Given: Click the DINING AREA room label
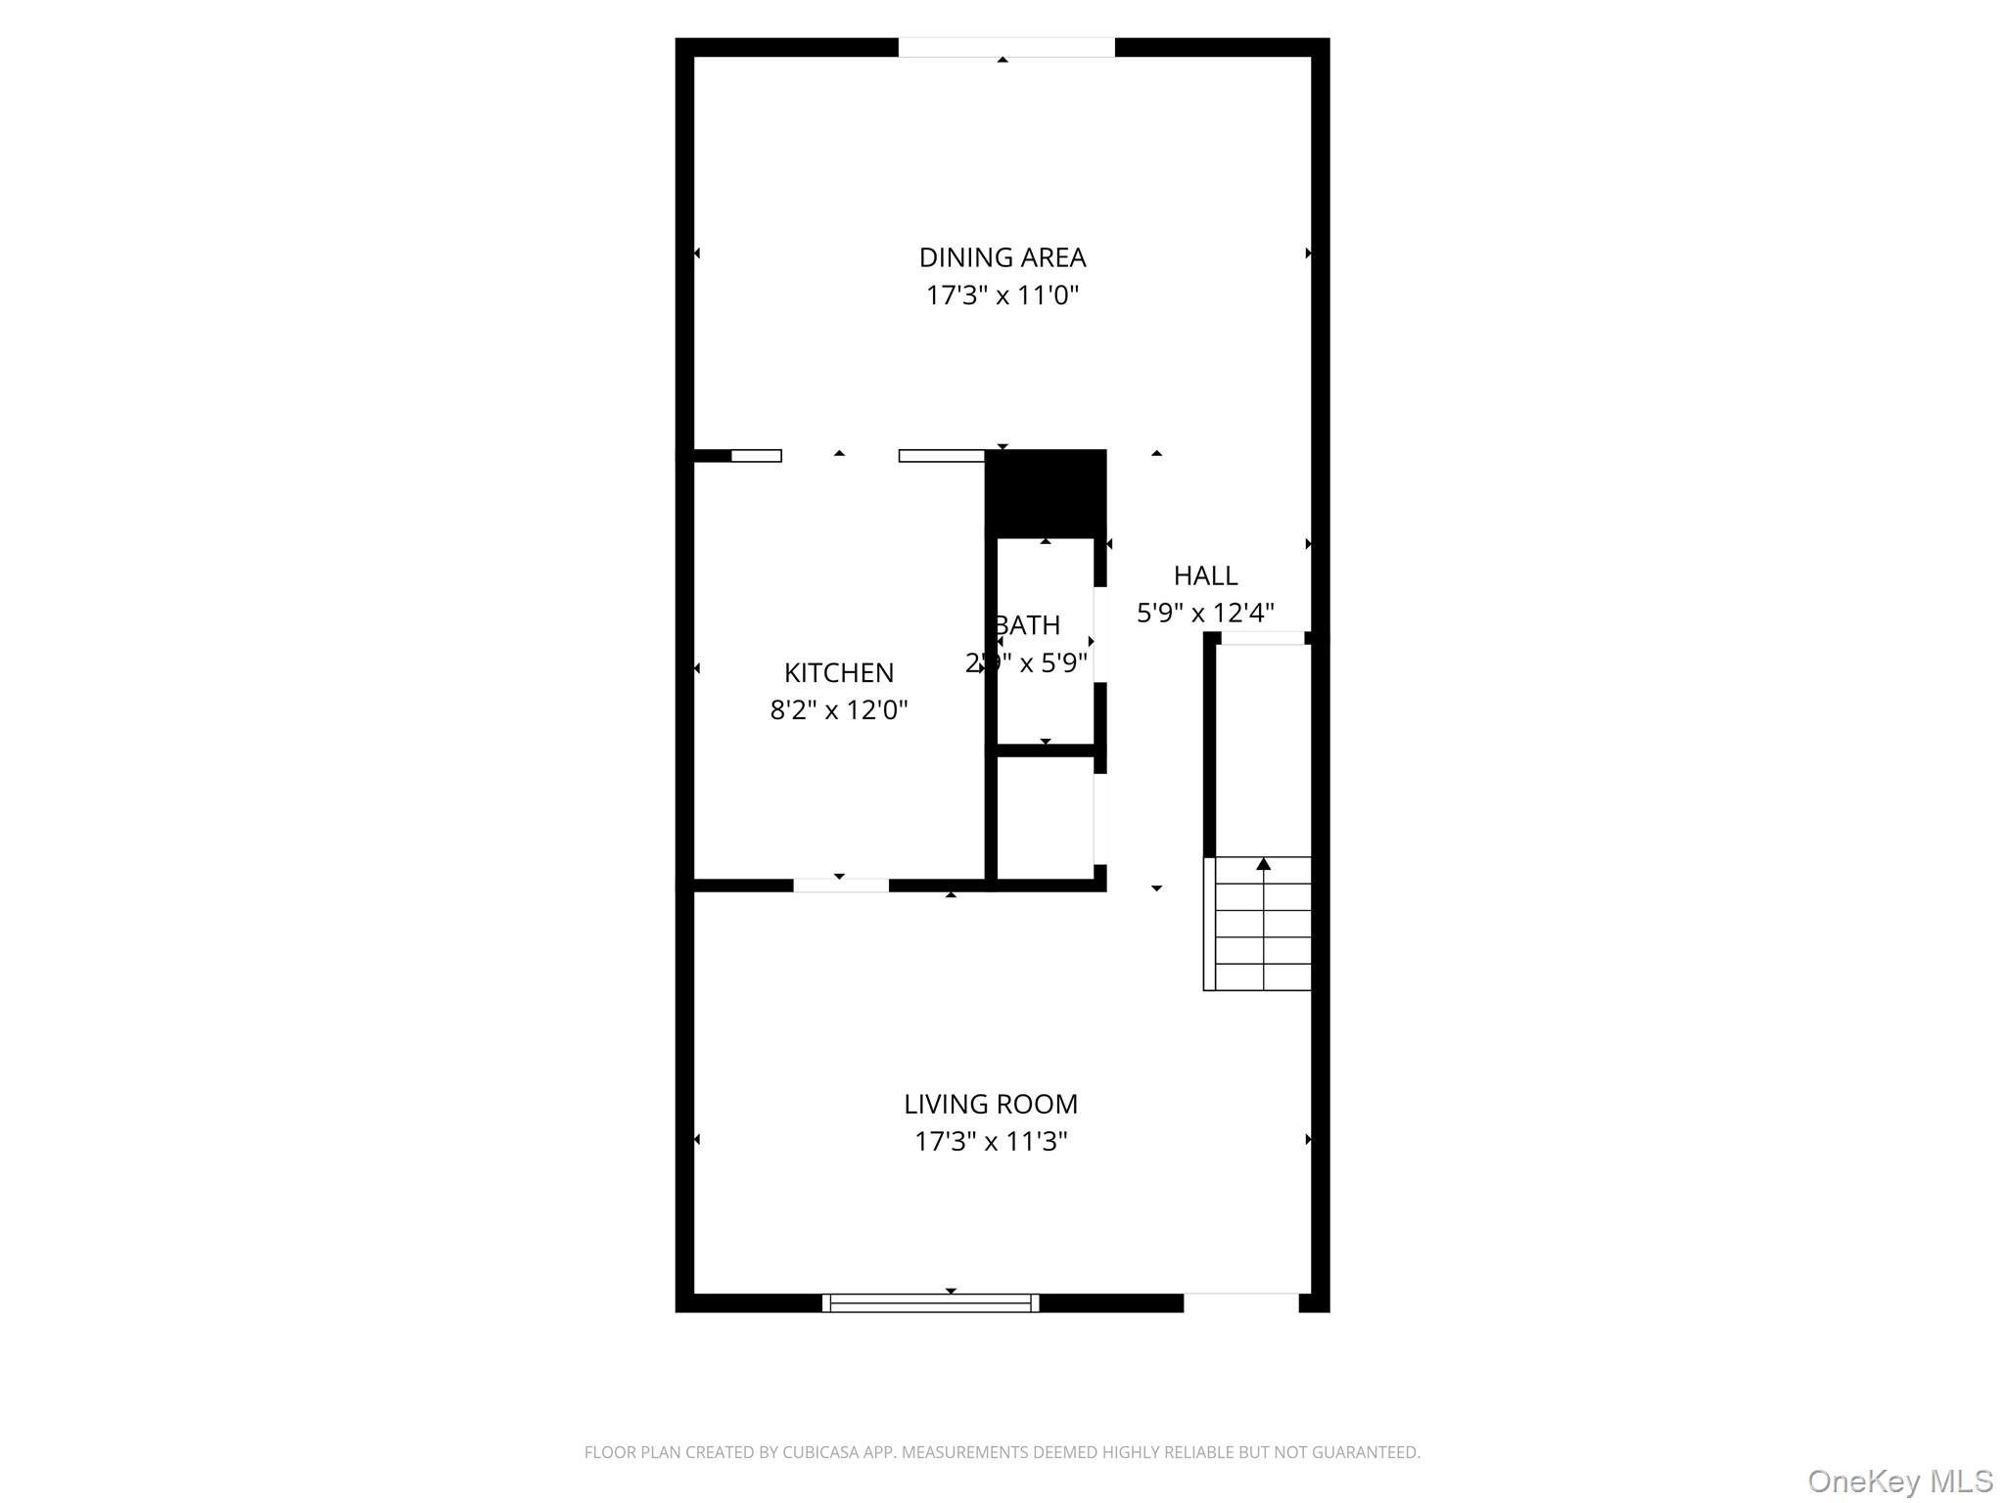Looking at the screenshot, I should click(x=1002, y=257).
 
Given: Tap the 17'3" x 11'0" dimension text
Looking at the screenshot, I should click(x=1002, y=296).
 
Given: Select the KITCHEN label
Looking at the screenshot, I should click(x=838, y=673).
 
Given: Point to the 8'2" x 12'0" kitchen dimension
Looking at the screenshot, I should click(x=838, y=710).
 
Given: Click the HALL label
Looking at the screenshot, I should click(x=1205, y=575).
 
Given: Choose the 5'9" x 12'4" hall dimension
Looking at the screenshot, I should click(x=1205, y=614).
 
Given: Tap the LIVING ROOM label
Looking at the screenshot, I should click(x=990, y=1105).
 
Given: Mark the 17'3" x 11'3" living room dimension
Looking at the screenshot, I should click(x=990, y=1142).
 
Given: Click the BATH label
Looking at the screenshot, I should click(x=1029, y=625).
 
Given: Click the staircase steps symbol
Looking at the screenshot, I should click(x=1258, y=925).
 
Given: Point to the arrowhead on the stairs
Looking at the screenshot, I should click(x=1264, y=864).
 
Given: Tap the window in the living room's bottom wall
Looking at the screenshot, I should click(x=930, y=1302).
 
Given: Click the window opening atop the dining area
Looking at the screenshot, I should click(x=1006, y=47).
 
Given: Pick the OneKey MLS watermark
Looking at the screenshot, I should click(x=1899, y=1481).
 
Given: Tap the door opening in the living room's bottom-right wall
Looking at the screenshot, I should click(x=1240, y=1302).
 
